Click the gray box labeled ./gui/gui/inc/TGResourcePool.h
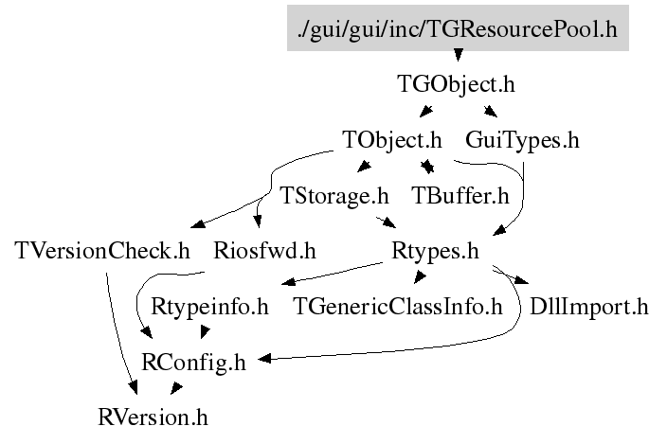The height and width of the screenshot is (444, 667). click(457, 28)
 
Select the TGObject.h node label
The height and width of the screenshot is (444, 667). click(456, 84)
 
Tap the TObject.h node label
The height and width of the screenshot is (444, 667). click(391, 140)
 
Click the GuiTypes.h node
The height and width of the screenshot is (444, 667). click(522, 140)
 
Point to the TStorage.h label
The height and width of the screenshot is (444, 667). click(334, 196)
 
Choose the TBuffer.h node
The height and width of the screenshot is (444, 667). click(460, 196)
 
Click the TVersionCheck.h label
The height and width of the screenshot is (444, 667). click(103, 252)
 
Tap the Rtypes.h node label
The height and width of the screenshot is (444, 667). click(435, 252)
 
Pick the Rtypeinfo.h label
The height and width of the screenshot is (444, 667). click(210, 307)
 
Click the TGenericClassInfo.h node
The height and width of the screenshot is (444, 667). click(397, 307)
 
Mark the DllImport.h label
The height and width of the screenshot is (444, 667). click(588, 307)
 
